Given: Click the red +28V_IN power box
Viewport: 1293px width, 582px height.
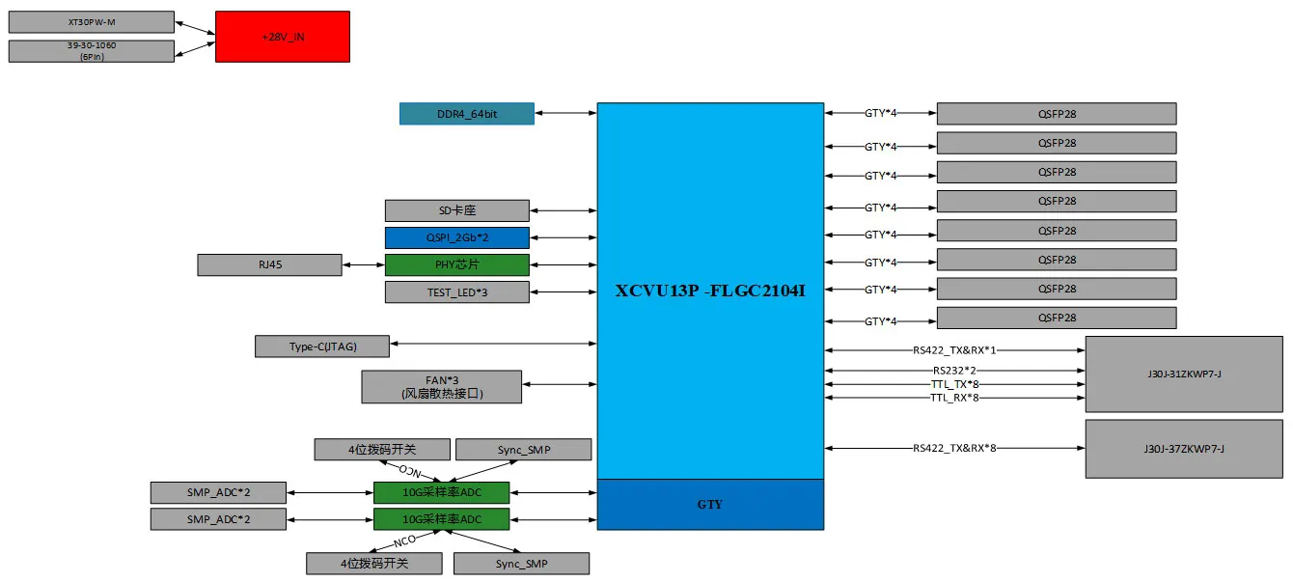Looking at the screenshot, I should [282, 37].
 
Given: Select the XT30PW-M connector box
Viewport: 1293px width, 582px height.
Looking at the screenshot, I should [92, 22].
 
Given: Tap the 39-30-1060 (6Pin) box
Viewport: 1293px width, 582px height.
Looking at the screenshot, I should [92, 51].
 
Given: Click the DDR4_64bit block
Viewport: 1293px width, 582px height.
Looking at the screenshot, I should [467, 114].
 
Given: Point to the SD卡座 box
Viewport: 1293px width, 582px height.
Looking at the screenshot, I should [456, 210].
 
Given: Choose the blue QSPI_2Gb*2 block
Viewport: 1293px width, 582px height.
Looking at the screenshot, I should [456, 237].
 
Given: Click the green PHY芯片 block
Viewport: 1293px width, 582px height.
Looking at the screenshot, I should [456, 264].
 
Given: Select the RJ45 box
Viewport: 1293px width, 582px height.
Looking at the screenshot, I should [269, 264].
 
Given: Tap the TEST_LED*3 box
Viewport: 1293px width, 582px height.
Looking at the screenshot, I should [456, 291].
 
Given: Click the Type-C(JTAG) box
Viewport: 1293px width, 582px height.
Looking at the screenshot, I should [322, 346].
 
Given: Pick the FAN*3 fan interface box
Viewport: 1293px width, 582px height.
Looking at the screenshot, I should [441, 386].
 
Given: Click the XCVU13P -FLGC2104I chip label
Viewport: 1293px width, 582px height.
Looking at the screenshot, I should [710, 291].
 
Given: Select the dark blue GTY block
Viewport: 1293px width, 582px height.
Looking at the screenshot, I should [710, 505].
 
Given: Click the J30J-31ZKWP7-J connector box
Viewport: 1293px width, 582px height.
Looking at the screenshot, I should [1183, 374].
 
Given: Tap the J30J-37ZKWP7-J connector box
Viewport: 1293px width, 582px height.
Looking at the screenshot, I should [1183, 449].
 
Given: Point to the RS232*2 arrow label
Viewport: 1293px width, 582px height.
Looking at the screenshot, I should [954, 371].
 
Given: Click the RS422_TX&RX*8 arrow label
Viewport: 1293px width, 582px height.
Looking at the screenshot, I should [954, 448].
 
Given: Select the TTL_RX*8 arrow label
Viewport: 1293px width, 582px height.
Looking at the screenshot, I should [954, 398].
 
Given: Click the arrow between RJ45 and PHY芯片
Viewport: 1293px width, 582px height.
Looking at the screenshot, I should [363, 264].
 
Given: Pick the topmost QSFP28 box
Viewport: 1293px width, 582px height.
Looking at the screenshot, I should [1056, 114].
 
